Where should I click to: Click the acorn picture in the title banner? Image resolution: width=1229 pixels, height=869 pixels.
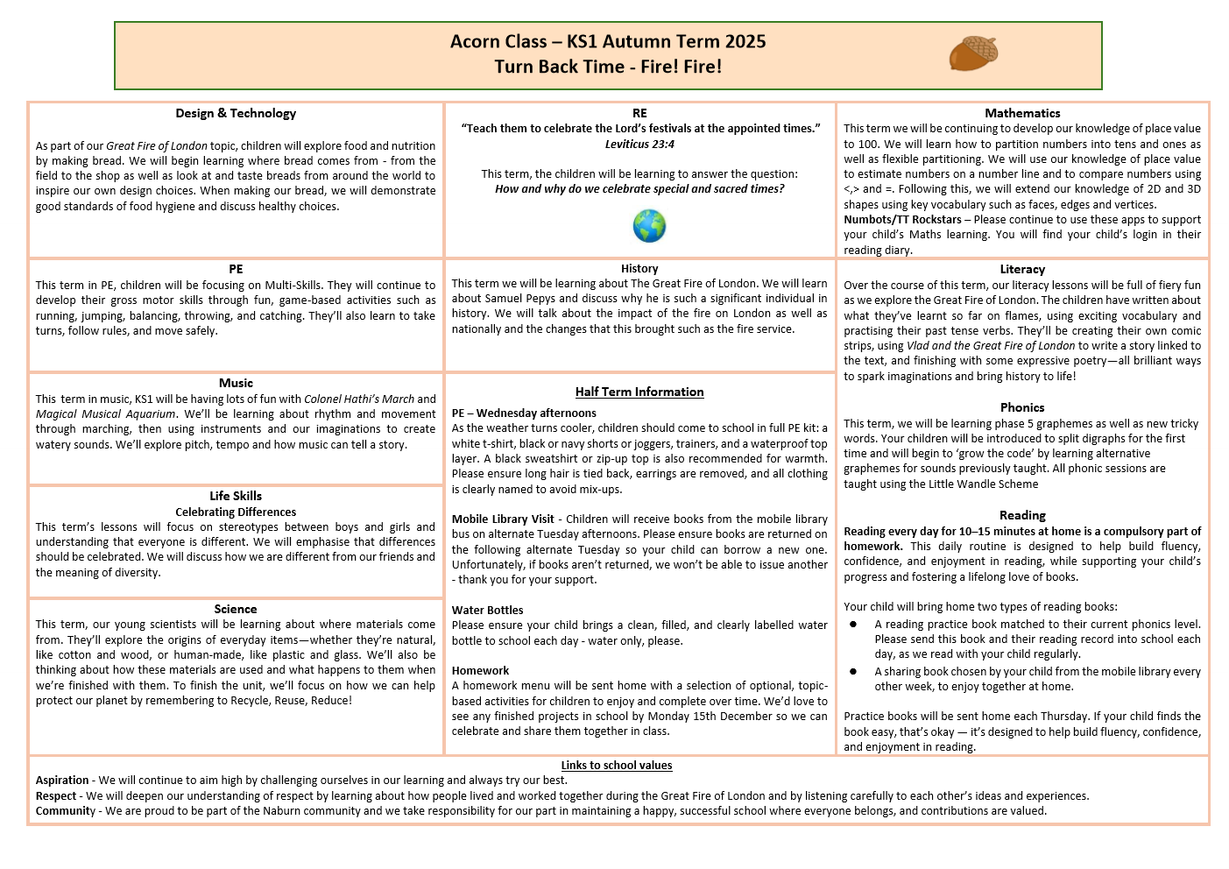(973, 53)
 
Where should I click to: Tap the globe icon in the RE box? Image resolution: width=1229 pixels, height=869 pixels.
(649, 226)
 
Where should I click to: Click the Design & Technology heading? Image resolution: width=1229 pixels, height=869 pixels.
(236, 113)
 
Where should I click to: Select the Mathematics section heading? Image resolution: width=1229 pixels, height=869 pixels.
(1022, 113)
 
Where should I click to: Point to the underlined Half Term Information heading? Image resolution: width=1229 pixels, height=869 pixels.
(639, 392)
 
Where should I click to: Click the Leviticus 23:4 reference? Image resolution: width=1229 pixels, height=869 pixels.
(639, 144)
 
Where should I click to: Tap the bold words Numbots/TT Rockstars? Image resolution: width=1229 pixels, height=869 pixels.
(902, 220)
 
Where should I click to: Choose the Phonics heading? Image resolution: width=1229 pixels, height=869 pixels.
(1022, 407)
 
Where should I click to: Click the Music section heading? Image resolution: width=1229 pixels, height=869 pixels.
(236, 383)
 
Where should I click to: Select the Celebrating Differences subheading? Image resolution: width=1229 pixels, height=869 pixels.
(236, 512)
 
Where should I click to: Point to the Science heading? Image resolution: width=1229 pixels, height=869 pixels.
(236, 609)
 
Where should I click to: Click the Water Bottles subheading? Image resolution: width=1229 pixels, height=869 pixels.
(488, 610)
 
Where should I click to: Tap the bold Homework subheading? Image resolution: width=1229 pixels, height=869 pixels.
(481, 670)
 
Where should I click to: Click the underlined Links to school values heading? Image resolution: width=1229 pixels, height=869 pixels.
(617, 765)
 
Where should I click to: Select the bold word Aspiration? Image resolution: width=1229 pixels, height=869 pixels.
(62, 780)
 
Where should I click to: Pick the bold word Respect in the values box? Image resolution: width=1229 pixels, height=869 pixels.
(56, 795)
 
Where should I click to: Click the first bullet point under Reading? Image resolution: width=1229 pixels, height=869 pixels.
(853, 625)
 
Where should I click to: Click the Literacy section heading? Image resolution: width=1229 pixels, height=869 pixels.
(1022, 269)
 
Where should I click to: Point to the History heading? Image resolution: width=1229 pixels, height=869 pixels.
(639, 268)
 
